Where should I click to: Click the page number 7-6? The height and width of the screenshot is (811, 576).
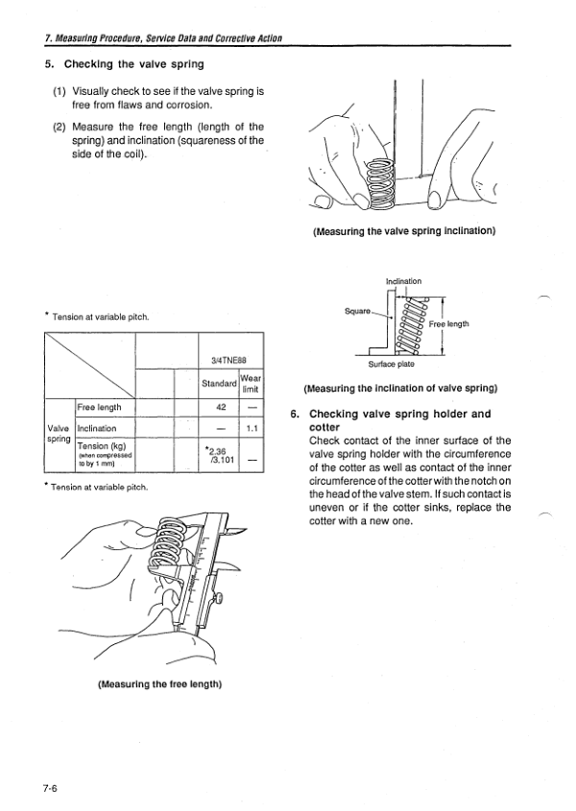(51, 788)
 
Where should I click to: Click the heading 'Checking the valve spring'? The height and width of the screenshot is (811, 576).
(133, 64)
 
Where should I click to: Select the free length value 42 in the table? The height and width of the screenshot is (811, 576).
(219, 407)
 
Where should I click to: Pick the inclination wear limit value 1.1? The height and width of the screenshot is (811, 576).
(250, 428)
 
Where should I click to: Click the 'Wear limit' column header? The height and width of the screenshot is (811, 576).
(251, 384)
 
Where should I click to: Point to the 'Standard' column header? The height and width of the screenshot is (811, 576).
(219, 384)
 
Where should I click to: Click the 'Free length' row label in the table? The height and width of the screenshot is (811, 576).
(98, 407)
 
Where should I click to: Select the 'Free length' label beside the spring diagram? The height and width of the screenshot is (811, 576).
(463, 323)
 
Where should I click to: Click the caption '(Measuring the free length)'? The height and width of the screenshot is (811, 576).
(160, 684)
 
